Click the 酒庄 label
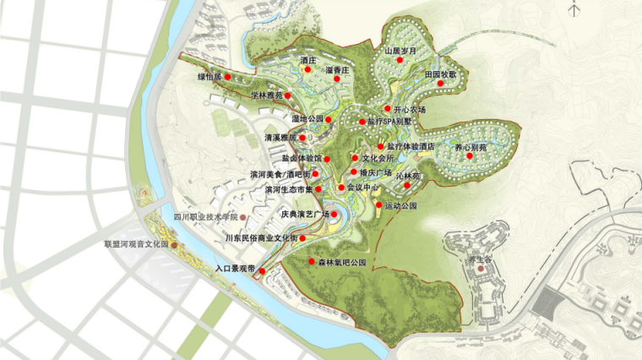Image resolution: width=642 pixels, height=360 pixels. click(307, 61)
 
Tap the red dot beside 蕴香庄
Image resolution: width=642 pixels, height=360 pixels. click(337, 79)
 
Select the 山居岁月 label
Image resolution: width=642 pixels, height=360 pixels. click(400, 51)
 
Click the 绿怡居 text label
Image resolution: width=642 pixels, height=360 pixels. click(209, 77)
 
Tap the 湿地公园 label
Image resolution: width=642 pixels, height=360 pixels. click(307, 119)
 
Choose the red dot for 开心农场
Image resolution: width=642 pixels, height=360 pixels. click(387, 109)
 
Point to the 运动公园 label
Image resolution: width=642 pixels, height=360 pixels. click(401, 206)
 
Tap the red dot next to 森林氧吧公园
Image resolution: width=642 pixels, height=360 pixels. click(311, 262)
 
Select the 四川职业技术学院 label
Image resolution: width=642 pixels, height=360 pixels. click(205, 218)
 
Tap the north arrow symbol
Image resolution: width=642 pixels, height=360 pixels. click(576, 9)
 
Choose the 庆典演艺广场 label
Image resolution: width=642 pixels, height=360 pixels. click(305, 215)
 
